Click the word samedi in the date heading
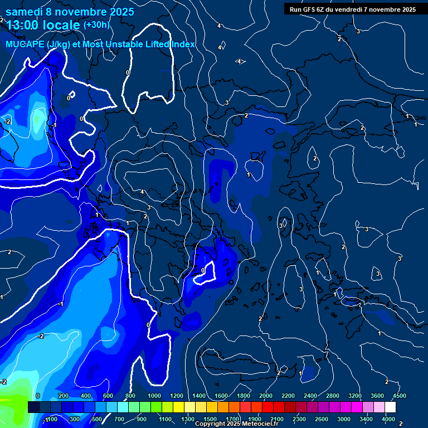pos(26,11)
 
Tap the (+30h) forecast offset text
pos(96,25)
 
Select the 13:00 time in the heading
pos(23,25)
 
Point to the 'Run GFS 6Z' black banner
pos(352,9)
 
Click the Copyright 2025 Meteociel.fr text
pos(236,424)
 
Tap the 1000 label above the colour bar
pos(154,396)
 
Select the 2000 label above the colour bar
pos(266,396)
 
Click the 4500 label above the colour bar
pos(399,396)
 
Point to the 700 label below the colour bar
pos(119,419)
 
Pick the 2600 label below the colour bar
pos(322,419)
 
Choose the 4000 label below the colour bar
pos(389,419)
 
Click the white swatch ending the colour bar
pos(390,407)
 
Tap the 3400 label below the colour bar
pos(367,419)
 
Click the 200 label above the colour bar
pos(64,396)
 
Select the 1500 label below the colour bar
pos(210,419)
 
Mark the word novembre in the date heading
pos(82,11)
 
